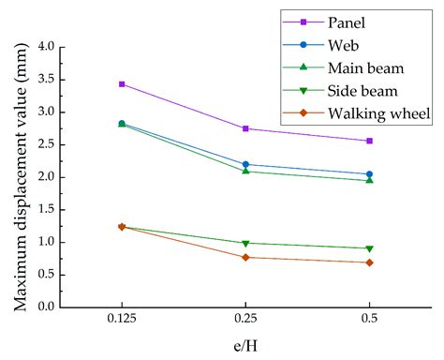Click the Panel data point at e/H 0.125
coord(122,84)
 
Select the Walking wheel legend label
coord(378,114)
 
